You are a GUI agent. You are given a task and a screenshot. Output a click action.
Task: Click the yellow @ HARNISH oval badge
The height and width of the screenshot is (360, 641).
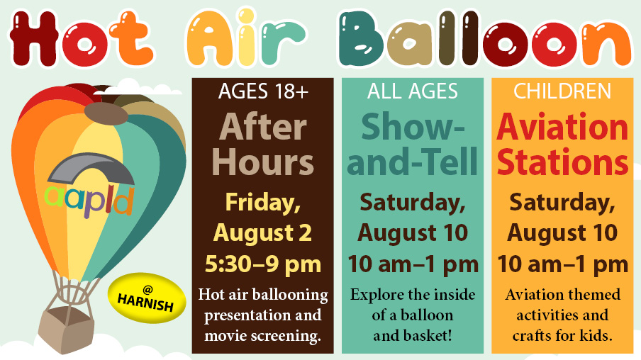tap(147, 298)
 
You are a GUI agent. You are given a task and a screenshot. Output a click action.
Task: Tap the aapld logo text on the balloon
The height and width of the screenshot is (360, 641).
tap(89, 201)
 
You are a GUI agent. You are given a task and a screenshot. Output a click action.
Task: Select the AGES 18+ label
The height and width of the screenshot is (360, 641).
tap(263, 91)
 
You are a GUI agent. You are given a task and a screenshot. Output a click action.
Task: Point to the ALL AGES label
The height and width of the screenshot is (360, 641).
tap(413, 91)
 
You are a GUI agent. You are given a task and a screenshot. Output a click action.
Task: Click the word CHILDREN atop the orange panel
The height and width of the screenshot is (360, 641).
tap(562, 91)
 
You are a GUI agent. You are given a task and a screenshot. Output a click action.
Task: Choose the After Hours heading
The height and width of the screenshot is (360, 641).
tap(263, 145)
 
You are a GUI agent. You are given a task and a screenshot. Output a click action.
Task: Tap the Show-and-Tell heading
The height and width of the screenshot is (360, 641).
tap(413, 145)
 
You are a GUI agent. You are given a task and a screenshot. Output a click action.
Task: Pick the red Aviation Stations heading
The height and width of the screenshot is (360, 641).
tap(562, 145)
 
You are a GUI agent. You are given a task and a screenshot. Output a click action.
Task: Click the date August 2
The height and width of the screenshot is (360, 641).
tap(263, 233)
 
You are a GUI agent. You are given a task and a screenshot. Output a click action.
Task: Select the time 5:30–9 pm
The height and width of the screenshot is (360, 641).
tap(263, 264)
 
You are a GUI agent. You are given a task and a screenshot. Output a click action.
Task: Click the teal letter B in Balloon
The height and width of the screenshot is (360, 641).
tap(360, 39)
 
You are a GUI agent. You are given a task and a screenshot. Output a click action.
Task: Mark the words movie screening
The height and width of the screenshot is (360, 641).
tap(263, 335)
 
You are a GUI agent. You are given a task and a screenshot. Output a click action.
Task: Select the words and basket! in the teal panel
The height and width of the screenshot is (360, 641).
tap(413, 335)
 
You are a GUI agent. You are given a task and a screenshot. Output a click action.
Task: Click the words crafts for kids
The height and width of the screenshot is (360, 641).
tap(562, 335)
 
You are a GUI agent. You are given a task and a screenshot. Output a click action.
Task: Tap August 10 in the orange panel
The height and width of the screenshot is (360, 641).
tap(562, 233)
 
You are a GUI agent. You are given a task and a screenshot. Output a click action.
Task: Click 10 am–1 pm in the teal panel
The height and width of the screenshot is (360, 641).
tap(413, 264)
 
